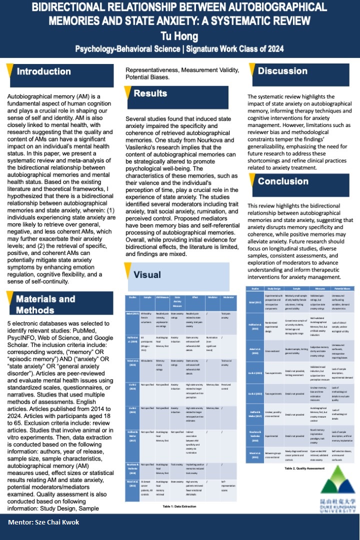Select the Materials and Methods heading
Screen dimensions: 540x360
click(45, 304)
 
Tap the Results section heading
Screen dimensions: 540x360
click(150, 93)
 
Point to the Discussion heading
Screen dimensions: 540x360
click(282, 71)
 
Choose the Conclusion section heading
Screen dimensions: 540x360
click(283, 181)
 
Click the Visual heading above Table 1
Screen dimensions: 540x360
click(147, 274)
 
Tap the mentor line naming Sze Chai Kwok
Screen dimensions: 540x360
click(43, 522)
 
